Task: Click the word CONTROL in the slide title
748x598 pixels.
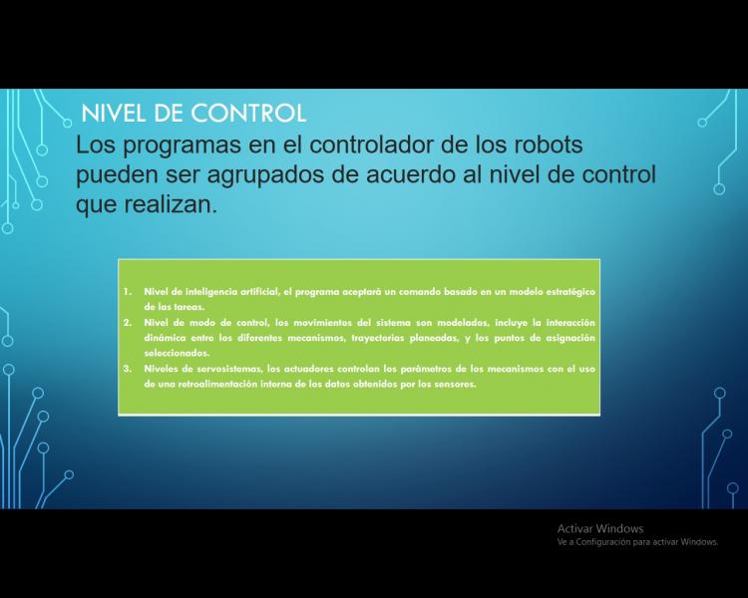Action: tap(248, 114)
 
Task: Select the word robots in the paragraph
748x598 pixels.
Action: tap(548, 145)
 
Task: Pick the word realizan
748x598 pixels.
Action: tap(171, 204)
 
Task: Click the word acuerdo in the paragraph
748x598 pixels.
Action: tap(411, 174)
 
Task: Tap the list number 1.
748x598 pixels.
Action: tap(128, 291)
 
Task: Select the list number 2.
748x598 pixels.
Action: tap(128, 322)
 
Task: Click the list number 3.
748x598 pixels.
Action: tap(128, 369)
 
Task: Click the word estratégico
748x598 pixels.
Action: tap(569, 292)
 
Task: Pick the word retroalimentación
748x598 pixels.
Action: tap(217, 385)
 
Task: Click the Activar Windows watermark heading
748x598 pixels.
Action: tap(600, 528)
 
